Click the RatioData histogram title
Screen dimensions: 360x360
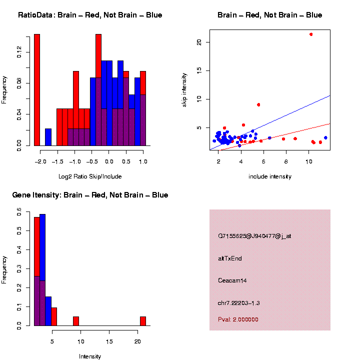(90, 15)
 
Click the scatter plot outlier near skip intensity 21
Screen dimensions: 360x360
(311, 34)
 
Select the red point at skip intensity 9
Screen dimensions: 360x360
(258, 104)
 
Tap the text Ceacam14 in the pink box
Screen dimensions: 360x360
(232, 280)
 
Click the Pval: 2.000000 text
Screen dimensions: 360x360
(238, 319)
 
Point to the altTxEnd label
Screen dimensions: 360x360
(230, 258)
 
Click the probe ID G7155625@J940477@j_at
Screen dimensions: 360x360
(254, 236)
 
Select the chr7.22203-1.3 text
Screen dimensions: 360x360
(239, 303)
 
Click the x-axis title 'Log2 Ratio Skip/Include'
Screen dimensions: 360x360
(90, 176)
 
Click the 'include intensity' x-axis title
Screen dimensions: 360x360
(270, 176)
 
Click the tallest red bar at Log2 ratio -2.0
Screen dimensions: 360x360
(36, 90)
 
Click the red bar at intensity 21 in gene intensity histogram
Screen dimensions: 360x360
(143, 321)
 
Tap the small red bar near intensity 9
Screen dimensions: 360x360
(76, 321)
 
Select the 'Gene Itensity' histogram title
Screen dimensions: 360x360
(90, 195)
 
